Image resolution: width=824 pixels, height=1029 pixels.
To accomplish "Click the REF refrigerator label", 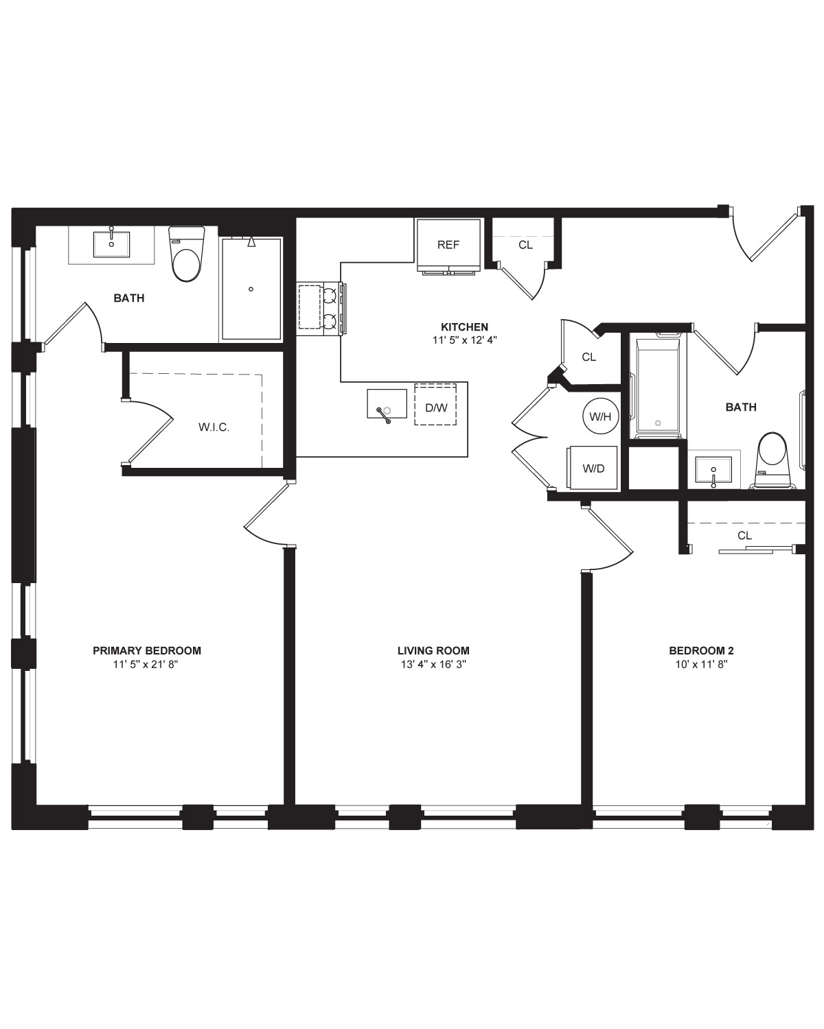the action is [448, 245].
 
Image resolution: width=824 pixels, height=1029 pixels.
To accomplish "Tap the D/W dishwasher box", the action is [435, 404].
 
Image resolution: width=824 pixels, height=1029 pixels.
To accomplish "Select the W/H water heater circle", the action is [600, 416].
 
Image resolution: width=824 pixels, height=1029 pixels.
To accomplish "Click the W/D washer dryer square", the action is [592, 468].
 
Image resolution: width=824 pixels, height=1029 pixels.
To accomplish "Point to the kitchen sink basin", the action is [387, 403].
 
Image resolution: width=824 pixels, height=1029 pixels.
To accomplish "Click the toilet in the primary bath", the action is [186, 255].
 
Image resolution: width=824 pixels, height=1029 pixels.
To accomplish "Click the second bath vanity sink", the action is [713, 469].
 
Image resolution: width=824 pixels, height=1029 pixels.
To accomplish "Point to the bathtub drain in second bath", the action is [658, 423].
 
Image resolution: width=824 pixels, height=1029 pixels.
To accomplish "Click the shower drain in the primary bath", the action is [251, 289].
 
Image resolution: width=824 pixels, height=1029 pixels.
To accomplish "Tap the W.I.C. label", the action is [214, 427].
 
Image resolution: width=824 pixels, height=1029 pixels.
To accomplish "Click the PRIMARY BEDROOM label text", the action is [147, 650].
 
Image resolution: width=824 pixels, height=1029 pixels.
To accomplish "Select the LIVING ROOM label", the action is [433, 650].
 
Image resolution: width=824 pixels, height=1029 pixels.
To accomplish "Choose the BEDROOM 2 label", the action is [701, 650].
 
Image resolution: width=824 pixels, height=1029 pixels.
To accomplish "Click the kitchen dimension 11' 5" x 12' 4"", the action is [464, 340].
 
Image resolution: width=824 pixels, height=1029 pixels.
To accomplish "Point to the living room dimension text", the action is [434, 664].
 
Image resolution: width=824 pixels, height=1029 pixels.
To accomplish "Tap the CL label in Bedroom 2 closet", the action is [744, 536].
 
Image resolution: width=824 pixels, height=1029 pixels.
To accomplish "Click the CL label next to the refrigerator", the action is [525, 245].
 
